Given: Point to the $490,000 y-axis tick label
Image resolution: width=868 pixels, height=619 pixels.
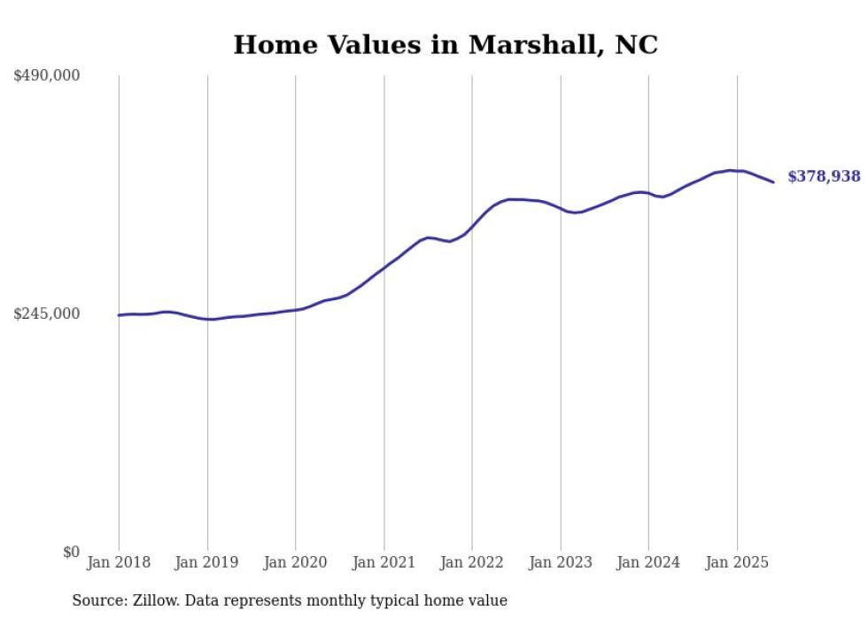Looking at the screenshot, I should pyautogui.click(x=47, y=76).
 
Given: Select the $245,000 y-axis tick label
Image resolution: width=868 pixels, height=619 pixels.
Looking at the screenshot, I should pyautogui.click(x=47, y=313).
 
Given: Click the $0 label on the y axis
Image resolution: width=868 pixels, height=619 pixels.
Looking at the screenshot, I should pyautogui.click(x=71, y=553).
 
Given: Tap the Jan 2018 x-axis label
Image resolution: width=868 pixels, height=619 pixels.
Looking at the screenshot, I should pyautogui.click(x=119, y=562).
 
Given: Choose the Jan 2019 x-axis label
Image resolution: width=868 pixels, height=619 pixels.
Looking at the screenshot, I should pyautogui.click(x=207, y=562).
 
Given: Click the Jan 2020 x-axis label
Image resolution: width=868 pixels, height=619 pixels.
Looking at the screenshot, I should pyautogui.click(x=296, y=562).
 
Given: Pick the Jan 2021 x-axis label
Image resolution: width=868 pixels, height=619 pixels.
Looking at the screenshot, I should pyautogui.click(x=384, y=562).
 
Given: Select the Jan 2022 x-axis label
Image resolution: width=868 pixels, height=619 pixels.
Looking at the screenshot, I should pyautogui.click(x=472, y=562).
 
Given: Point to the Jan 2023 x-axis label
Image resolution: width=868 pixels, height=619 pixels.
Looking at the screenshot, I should pyautogui.click(x=561, y=562).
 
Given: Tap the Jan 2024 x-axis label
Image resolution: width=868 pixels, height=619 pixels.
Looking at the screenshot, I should pyautogui.click(x=648, y=562).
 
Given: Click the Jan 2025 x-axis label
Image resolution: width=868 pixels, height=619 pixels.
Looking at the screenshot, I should pyautogui.click(x=737, y=562).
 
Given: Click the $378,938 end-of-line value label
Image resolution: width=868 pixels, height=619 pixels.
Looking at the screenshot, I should pyautogui.click(x=824, y=177).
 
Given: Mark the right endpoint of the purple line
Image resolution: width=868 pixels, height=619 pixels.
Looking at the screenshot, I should pyautogui.click(x=774, y=182).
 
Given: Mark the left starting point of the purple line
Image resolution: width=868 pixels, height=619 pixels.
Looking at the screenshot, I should pyautogui.click(x=119, y=315).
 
